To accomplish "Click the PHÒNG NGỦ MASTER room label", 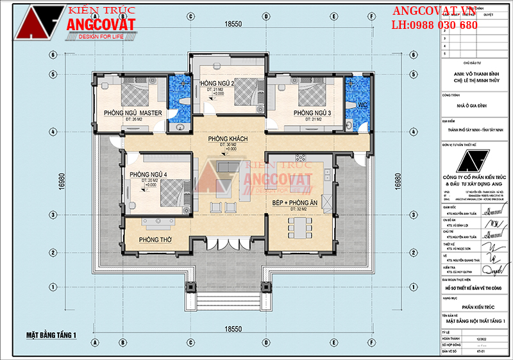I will pos(133,113).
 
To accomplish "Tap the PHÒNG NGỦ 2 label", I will pos(217,84).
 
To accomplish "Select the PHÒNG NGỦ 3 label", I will pos(312,113).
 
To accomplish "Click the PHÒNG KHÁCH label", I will pos(227,139).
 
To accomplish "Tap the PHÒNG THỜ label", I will pos(155,240).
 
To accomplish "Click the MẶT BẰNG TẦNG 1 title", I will pos(51,335).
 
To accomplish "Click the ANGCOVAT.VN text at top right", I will pos(434,11).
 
